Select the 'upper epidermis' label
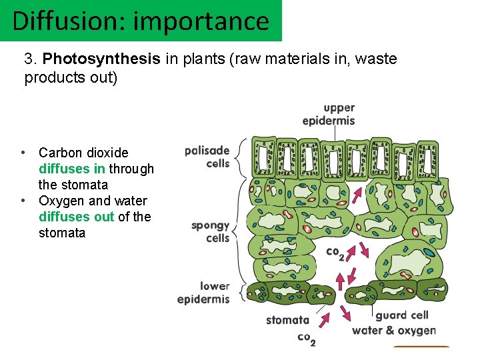click(329, 114)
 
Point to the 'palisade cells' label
click(207, 157)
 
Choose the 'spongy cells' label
click(211, 232)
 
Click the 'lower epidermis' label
click(204, 293)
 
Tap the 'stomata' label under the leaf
click(287, 320)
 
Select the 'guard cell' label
click(401, 315)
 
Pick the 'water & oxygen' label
click(393, 330)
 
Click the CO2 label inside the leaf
click(335, 253)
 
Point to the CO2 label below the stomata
click(306, 339)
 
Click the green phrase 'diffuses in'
click(72, 169)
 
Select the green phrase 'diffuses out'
click(77, 217)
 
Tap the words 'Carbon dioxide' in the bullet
click(83, 153)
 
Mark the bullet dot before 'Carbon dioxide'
click(24, 153)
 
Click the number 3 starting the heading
click(29, 59)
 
